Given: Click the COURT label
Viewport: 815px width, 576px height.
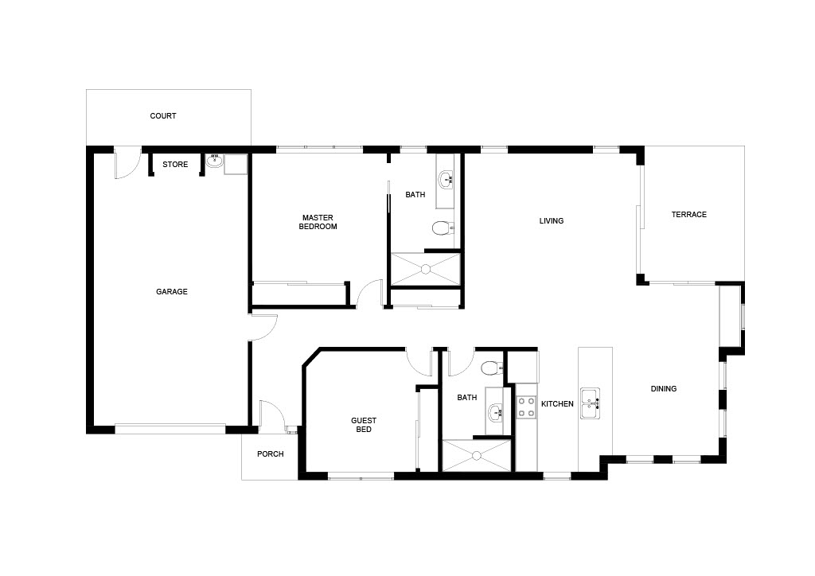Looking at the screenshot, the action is coord(162,116).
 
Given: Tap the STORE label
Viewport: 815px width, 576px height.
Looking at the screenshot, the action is coord(175,165).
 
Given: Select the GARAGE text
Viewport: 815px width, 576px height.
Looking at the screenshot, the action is coord(172,292).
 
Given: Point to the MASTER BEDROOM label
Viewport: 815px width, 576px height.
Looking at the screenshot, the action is coord(318,222).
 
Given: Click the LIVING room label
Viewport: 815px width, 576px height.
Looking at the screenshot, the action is coord(551,220).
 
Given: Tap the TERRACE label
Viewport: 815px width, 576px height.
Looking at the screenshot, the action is coord(688,215).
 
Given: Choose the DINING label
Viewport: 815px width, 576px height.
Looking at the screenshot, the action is coord(663,388).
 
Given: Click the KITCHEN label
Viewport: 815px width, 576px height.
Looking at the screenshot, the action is coord(557,404).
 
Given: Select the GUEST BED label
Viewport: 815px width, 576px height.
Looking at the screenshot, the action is coord(363,425).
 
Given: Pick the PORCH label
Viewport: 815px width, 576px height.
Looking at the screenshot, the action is coord(271,454).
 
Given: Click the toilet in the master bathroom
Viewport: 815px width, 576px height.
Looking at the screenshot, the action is coord(443,228).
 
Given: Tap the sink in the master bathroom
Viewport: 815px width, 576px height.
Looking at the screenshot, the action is coord(446,181).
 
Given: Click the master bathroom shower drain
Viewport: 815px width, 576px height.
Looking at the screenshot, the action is coord(426,269).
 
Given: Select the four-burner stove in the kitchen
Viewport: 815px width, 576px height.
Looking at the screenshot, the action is coord(526,407).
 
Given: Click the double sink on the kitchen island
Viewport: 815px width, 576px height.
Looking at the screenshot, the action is coord(591,403).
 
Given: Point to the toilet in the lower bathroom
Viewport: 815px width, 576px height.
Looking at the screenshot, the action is coord(492,368).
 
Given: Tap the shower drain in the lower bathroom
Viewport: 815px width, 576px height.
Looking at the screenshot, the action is coord(477,456).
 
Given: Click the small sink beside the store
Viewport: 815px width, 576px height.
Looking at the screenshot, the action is coord(213,161).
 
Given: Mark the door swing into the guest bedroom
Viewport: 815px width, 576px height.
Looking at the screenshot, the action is coord(419,363).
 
